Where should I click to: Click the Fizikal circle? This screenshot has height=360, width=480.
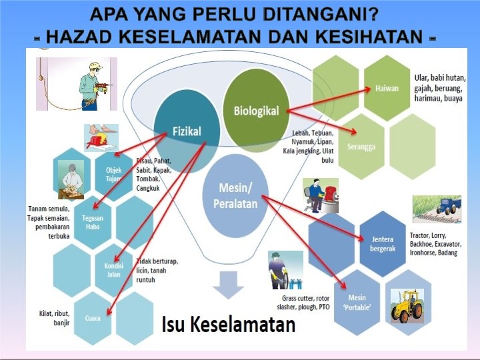(x=187, y=131)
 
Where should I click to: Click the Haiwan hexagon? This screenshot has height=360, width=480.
(x=387, y=89)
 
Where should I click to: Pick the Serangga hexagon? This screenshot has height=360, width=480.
(x=361, y=146)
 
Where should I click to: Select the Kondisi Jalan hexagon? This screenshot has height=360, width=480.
(x=114, y=269)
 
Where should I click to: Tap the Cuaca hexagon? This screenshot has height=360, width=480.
(x=93, y=318)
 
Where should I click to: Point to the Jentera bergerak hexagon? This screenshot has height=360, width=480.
(x=383, y=244)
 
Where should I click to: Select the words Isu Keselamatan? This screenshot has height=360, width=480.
(x=229, y=325)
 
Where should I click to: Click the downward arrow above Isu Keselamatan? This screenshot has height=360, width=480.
(x=229, y=287)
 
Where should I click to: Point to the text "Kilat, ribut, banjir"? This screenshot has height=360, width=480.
(x=56, y=318)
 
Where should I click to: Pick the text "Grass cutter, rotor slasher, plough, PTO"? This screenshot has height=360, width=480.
(x=305, y=302)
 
